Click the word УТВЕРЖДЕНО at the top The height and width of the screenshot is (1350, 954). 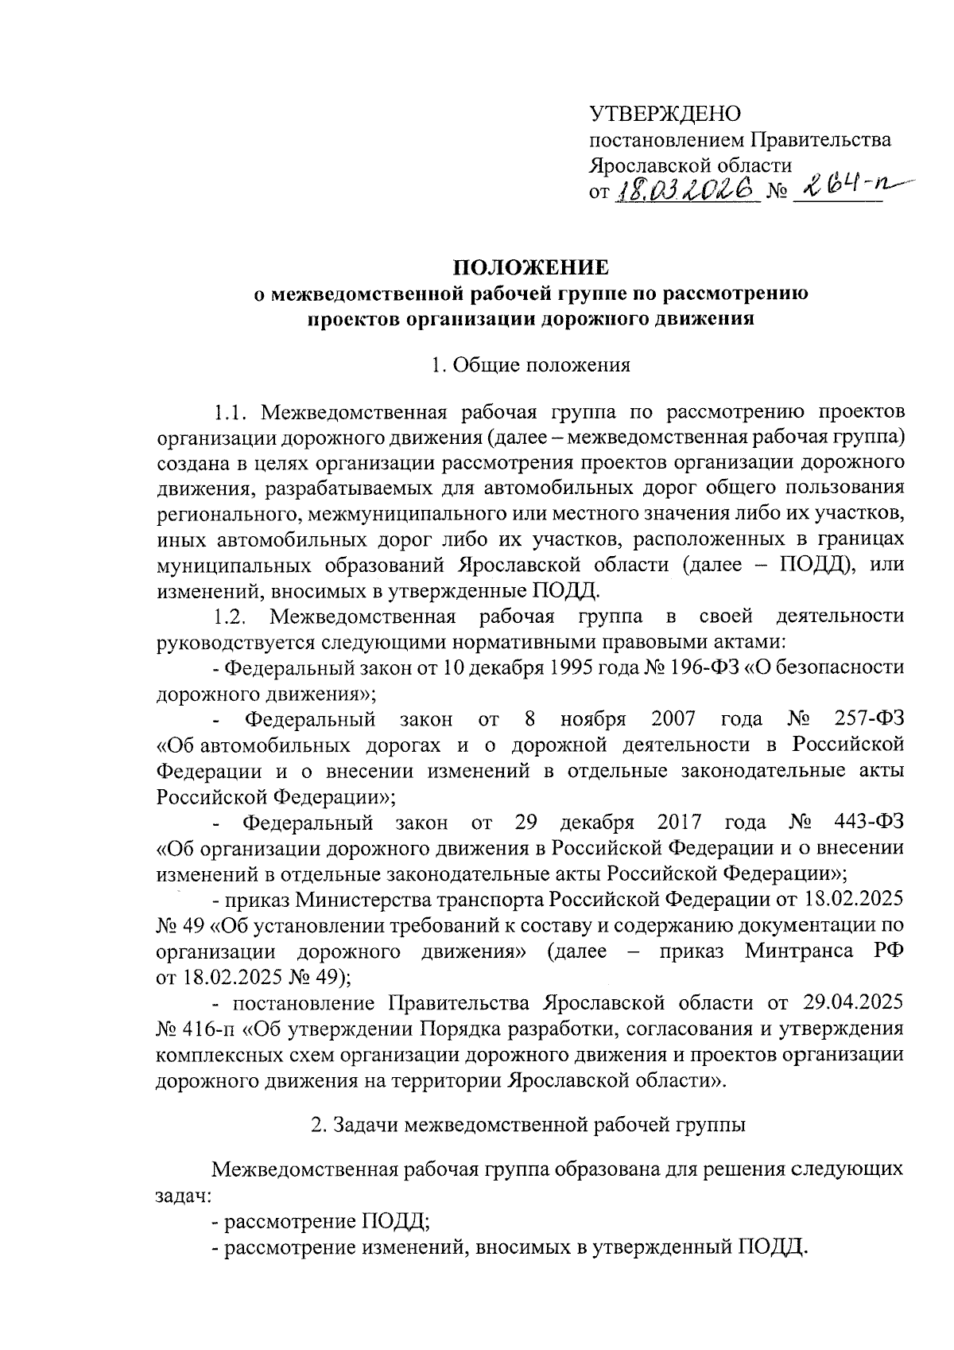tap(665, 114)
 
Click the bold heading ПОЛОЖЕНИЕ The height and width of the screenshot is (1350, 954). tap(530, 266)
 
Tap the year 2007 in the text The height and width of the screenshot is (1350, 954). tap(673, 720)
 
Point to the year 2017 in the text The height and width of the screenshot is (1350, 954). tap(680, 822)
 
